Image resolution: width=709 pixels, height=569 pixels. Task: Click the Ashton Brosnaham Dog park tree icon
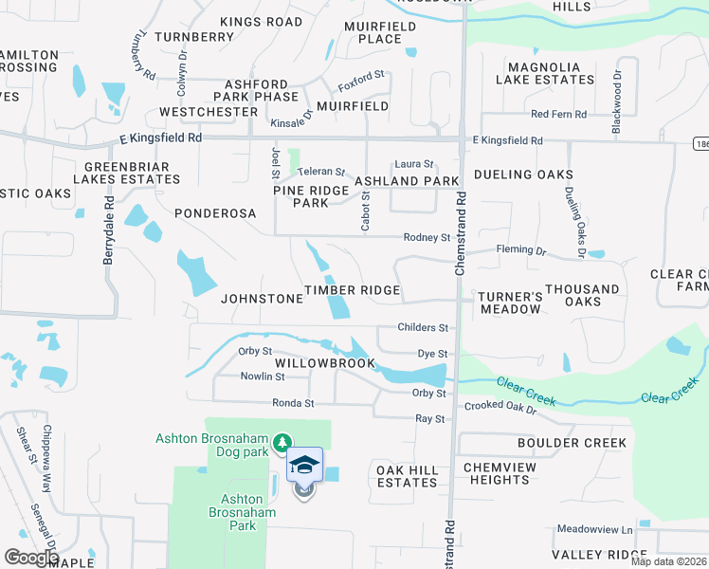282,443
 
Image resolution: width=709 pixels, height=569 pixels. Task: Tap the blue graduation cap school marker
304,466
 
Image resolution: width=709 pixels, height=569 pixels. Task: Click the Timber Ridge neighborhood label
352,290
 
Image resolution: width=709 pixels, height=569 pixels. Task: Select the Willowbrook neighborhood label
325,363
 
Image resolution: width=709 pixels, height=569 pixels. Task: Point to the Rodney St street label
427,237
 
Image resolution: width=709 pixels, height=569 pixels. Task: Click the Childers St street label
423,328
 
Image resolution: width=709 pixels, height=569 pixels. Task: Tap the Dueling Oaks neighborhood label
523,174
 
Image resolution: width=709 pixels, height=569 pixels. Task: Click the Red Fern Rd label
558,114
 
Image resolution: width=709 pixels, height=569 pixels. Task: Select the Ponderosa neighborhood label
215,213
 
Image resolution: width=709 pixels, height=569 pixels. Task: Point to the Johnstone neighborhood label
262,298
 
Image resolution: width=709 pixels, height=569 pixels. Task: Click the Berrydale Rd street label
109,229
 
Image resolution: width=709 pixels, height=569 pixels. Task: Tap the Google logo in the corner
31,557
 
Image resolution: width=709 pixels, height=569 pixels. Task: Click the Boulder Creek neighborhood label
572,443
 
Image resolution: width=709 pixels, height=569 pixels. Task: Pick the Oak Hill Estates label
407,476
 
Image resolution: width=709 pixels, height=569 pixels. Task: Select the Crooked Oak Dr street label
500,407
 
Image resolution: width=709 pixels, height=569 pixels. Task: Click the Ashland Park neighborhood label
407,180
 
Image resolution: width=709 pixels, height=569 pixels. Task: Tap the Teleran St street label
321,172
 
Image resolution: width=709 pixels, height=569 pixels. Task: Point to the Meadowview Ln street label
594,529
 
